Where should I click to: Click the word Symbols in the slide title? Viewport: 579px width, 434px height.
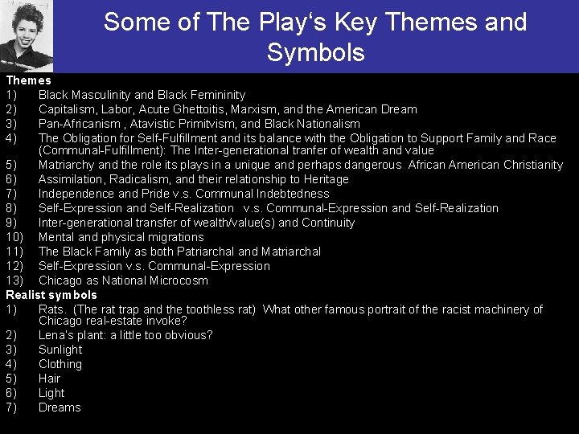tap(315, 53)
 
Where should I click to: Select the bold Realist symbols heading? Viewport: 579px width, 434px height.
tap(51, 295)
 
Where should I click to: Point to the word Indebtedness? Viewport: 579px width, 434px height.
tap(292, 194)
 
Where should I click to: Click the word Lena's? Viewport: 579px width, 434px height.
tap(55, 335)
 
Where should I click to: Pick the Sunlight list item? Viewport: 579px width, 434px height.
tap(60, 350)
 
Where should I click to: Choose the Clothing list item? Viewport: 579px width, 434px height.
tap(60, 364)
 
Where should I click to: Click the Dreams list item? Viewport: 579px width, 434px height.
tap(60, 407)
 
